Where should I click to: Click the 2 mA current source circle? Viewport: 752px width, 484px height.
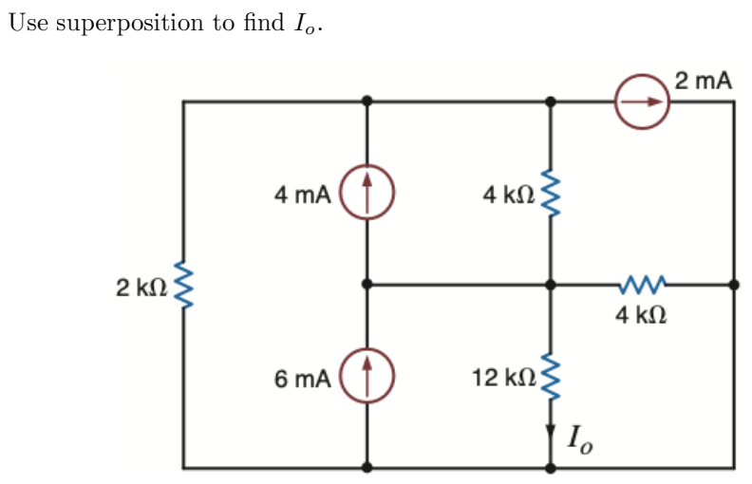click(x=642, y=100)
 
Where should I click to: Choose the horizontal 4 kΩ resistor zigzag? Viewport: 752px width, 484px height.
click(x=642, y=284)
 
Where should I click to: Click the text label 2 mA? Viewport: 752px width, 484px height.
click(x=704, y=80)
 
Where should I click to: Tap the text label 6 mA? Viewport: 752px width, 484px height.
click(x=302, y=380)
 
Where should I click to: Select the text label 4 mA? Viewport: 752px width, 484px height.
click(x=302, y=195)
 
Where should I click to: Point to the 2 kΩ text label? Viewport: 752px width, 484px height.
click(x=141, y=286)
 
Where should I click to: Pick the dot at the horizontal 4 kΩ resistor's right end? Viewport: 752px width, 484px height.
click(x=733, y=284)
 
